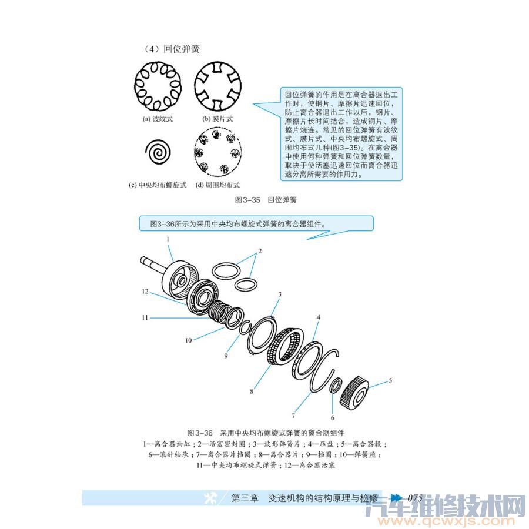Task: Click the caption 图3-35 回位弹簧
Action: pos(266,200)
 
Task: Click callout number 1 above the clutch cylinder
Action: pos(168,239)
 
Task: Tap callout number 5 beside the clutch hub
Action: pos(390,380)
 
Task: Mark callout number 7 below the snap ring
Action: pos(293,416)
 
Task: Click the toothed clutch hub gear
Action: pos(355,393)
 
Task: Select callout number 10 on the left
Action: pos(172,340)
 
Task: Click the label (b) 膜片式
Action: pos(218,119)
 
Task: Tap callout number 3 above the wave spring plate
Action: pos(280,293)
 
